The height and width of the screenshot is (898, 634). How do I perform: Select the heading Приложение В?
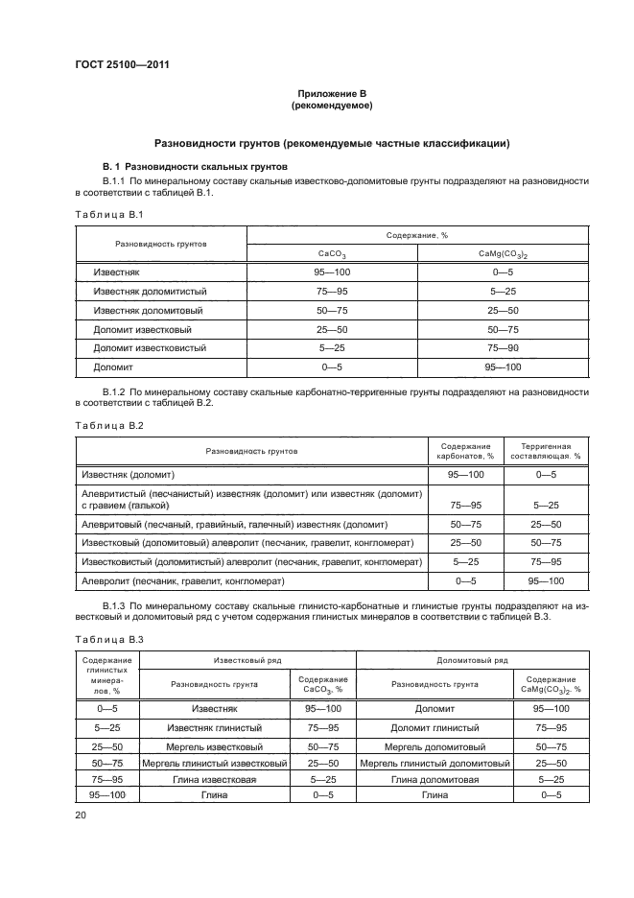coord(332,93)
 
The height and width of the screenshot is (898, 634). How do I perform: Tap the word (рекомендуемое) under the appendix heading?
coord(332,105)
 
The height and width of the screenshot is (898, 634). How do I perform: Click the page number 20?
coord(81,815)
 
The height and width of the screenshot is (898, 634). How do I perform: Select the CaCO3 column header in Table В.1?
coord(332,254)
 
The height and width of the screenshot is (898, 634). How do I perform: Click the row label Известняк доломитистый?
coord(150,291)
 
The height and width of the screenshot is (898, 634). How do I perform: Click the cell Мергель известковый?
coord(215,745)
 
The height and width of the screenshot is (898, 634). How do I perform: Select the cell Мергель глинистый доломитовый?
coord(434,763)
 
